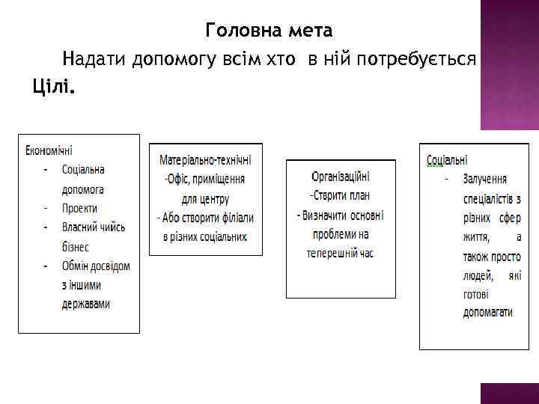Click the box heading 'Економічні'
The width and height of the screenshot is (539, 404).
point(55,150)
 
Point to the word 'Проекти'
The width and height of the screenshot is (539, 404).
point(80,208)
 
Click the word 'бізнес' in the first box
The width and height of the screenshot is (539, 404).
point(76,247)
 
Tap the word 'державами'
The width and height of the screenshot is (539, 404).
point(85,304)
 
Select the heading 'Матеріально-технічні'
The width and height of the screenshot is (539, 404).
point(205,160)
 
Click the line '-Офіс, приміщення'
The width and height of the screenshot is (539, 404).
point(205,180)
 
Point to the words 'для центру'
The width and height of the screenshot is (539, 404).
point(205,199)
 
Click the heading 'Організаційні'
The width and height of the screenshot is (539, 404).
point(341,177)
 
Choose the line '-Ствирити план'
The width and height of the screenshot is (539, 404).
point(341,196)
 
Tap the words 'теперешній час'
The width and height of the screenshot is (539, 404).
point(341,254)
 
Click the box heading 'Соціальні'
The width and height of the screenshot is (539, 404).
point(447,160)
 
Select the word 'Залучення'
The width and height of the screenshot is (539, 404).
point(485,180)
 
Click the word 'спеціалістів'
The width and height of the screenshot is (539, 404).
point(487,199)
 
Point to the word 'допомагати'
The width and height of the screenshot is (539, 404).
point(487,313)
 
